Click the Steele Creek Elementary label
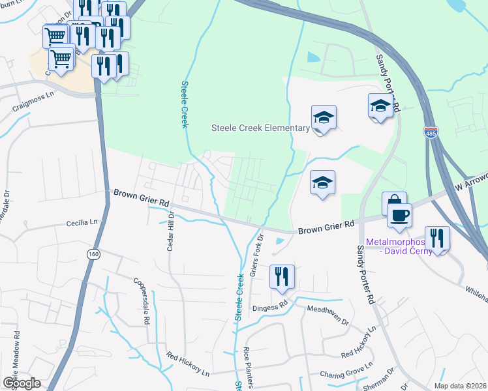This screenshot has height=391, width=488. point(260,128)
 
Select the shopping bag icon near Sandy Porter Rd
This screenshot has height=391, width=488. point(394,203)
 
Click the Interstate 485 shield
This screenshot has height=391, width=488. point(430,132)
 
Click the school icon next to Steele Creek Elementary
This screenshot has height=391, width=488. point(323,117)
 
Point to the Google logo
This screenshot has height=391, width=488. point(22,383)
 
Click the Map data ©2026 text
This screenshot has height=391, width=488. point(462,386)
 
